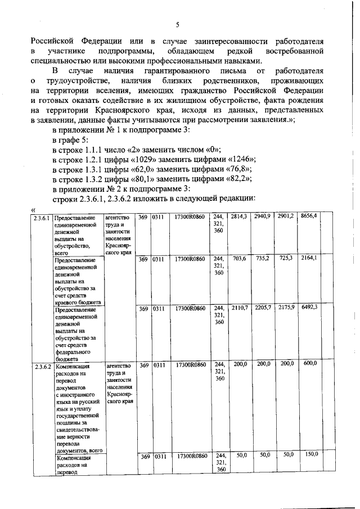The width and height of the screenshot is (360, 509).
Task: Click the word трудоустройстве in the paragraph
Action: point(77,82)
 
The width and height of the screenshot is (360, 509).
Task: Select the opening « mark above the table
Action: point(33,209)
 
